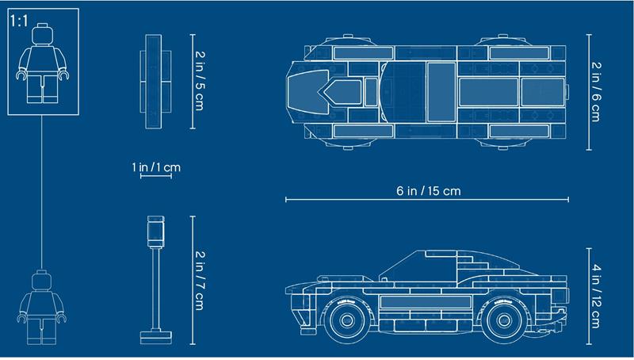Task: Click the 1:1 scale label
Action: pos(19,21)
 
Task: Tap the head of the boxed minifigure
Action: pos(43,34)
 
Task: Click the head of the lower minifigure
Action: pos(42,281)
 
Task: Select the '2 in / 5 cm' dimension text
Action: pos(200,81)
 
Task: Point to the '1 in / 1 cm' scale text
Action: pos(156,167)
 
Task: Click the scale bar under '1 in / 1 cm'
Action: pos(156,176)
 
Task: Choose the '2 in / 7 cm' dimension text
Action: pos(200,281)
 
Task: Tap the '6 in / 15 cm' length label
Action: pos(428,190)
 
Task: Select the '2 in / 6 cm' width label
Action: pos(596,92)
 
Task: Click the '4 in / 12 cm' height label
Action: pos(596,296)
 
